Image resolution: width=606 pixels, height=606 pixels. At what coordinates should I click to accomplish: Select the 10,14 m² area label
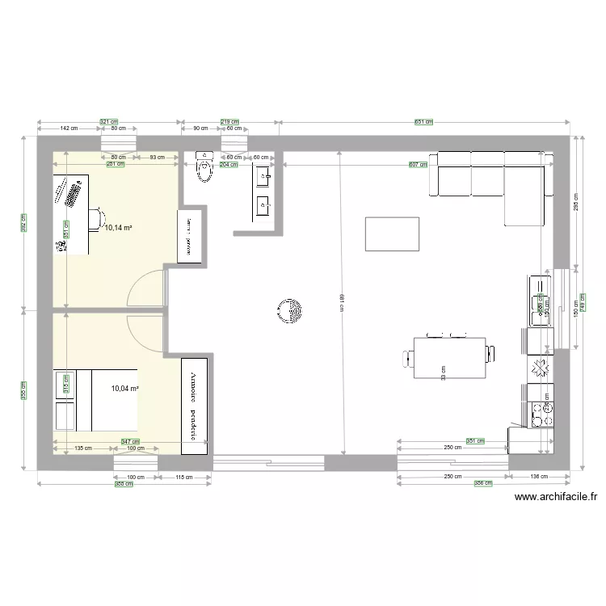[x=118, y=228]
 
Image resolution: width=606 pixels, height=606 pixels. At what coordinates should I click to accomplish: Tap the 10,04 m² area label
[x=125, y=388]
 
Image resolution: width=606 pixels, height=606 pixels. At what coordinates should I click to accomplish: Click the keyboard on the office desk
[x=72, y=194]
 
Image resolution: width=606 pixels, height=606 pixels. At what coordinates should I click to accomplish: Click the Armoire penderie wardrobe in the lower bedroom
[x=194, y=405]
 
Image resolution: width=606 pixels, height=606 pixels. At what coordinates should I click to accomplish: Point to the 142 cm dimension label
[x=69, y=128]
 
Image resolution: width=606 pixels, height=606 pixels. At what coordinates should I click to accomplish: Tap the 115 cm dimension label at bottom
[x=184, y=478]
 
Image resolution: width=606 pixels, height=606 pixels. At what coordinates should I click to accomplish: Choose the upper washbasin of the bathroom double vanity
[x=263, y=175]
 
